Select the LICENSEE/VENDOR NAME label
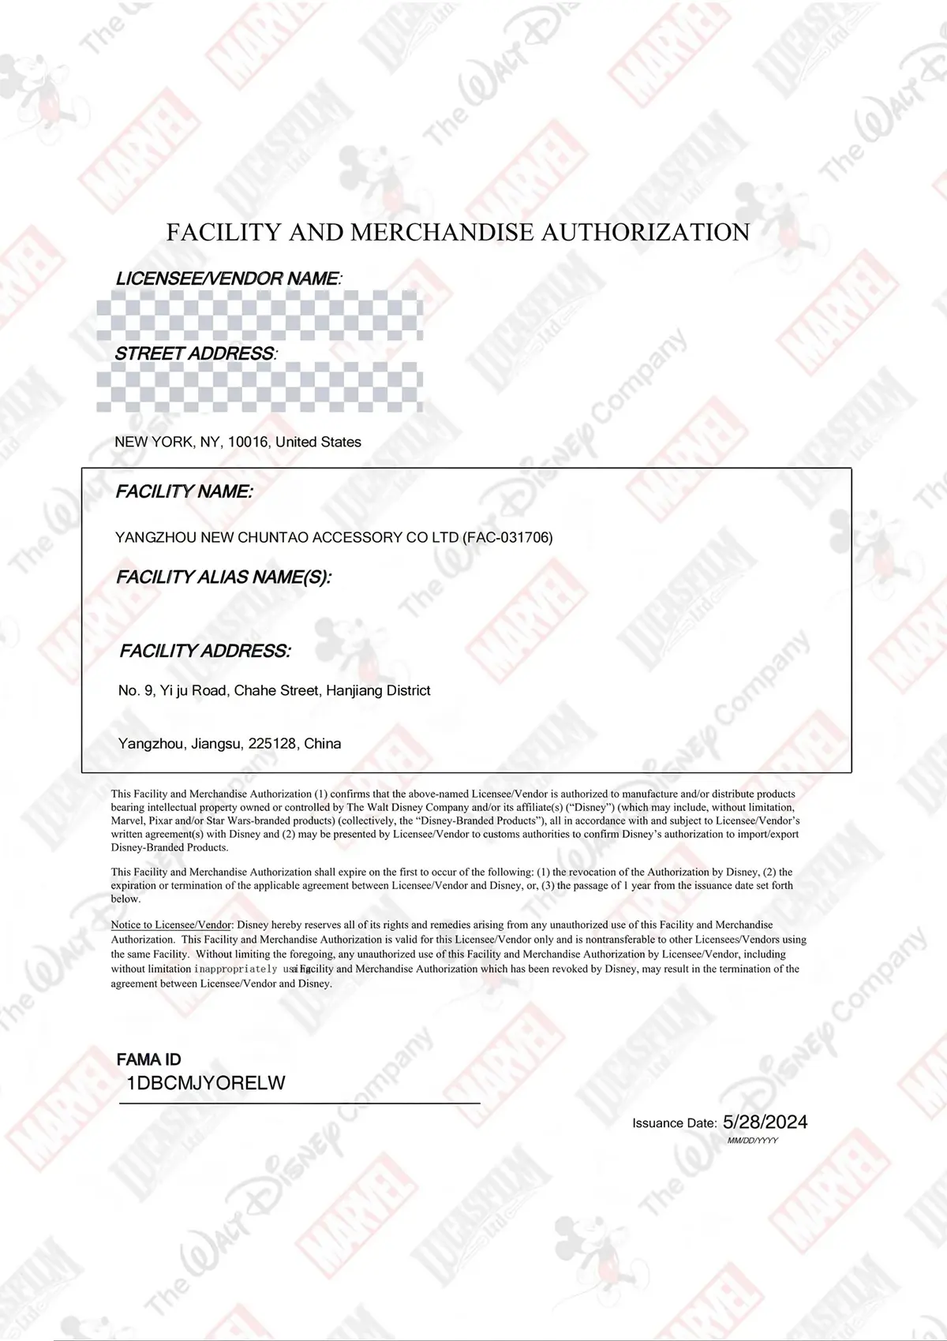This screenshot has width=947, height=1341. pyautogui.click(x=229, y=278)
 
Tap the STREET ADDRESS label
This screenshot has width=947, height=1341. pyautogui.click(x=196, y=353)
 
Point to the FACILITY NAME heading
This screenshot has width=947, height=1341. pyautogui.click(x=184, y=491)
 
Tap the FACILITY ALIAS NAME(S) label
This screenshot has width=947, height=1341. pyautogui.click(x=223, y=577)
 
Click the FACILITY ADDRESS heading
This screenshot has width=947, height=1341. pyautogui.click(x=205, y=651)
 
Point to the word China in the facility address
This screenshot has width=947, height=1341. pyautogui.click(x=323, y=743)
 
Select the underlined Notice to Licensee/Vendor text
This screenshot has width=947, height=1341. pyautogui.click(x=171, y=925)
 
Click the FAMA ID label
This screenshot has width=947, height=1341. pyautogui.click(x=148, y=1059)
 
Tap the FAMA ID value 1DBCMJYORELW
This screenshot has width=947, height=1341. pyautogui.click(x=206, y=1083)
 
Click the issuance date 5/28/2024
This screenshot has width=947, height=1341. pyautogui.click(x=765, y=1122)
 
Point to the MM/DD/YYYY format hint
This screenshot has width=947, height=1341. pyautogui.click(x=753, y=1141)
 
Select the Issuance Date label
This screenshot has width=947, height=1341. pyautogui.click(x=674, y=1123)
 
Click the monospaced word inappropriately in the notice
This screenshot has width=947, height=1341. pyautogui.click(x=235, y=969)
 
